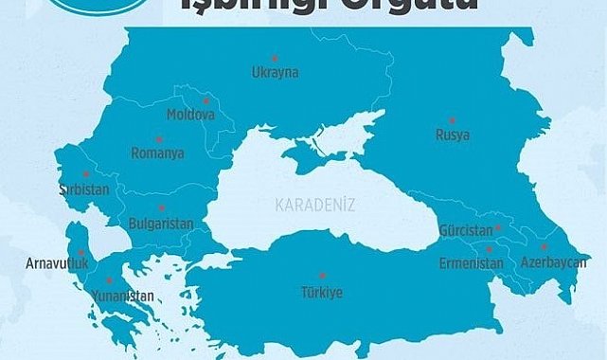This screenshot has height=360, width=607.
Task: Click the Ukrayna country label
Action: click(275, 72)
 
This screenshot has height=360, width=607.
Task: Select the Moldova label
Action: click(190, 115)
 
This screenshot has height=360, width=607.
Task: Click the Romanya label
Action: click(158, 152)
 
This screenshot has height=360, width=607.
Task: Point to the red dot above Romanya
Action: click(159, 138)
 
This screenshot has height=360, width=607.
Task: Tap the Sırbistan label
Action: click(85, 189)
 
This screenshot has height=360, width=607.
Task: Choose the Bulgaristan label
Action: click(160, 224)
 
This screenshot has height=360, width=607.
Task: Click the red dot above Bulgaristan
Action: click(162, 207)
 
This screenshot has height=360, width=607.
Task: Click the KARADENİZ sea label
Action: click(308, 204)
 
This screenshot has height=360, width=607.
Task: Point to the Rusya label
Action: click(452, 135)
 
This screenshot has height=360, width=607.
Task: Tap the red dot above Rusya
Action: click(453, 120)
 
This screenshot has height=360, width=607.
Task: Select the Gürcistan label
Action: click(466, 230)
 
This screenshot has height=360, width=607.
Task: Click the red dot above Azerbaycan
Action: click(544, 245)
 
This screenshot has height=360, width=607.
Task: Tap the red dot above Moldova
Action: click(205, 99)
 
